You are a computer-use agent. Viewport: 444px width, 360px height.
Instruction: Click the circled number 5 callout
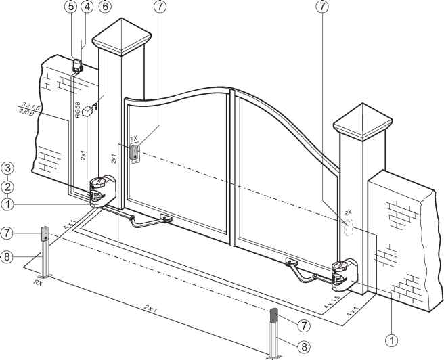[71, 7]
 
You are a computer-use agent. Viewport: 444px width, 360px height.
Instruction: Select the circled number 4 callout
[87, 7]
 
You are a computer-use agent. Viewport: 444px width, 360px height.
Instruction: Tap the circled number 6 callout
[105, 7]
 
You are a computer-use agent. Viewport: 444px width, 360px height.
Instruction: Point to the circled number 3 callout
[7, 168]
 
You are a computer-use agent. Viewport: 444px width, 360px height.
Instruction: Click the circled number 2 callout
[7, 187]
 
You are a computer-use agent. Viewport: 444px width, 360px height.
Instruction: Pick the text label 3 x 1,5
[31, 106]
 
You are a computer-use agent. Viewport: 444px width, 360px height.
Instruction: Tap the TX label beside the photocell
[133, 139]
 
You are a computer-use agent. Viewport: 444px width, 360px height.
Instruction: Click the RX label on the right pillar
[348, 212]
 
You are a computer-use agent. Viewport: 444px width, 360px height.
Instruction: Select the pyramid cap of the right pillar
[363, 122]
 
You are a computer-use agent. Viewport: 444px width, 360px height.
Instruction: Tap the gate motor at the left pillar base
[102, 192]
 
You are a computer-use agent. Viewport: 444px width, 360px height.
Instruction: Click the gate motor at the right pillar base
[345, 275]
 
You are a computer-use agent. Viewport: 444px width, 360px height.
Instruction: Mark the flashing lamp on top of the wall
[78, 66]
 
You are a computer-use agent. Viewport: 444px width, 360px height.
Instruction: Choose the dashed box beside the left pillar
[87, 112]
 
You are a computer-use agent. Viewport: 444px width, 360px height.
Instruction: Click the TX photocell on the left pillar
[135, 153]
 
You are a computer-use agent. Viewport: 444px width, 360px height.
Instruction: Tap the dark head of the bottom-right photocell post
[274, 315]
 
